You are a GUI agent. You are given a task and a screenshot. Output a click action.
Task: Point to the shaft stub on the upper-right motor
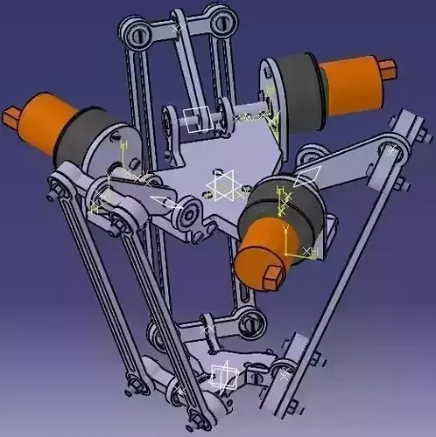click(x=391, y=65)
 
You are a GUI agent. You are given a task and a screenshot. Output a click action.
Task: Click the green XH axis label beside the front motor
click(x=309, y=251)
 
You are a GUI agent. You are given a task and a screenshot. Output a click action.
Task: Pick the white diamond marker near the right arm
click(x=306, y=177)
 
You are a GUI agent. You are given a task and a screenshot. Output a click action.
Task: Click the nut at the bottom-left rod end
click(x=132, y=385)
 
